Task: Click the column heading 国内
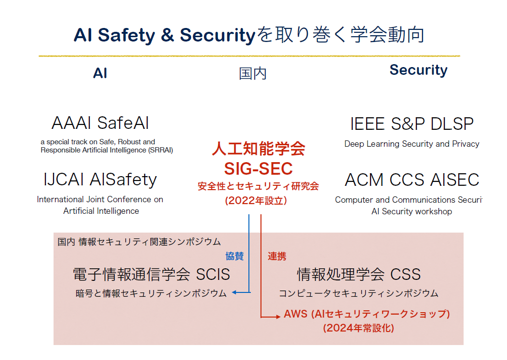[x=252, y=73]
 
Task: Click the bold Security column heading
[x=418, y=70]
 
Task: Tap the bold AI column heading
[x=100, y=73]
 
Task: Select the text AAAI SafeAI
[x=100, y=123]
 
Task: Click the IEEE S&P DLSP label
[x=412, y=124]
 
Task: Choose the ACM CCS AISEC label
[x=412, y=180]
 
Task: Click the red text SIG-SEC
[x=259, y=168]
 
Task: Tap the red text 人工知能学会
[x=259, y=149]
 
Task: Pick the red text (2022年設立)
[x=256, y=201]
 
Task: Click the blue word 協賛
[x=234, y=256]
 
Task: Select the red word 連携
[x=277, y=257]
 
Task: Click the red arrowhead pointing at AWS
[x=278, y=317]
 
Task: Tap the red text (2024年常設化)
[x=358, y=328]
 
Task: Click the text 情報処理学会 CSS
[x=359, y=274]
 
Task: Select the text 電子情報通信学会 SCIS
[x=151, y=274]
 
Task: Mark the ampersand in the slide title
[x=167, y=35]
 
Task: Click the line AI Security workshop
[x=411, y=211]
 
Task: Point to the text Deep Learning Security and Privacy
[x=412, y=144]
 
